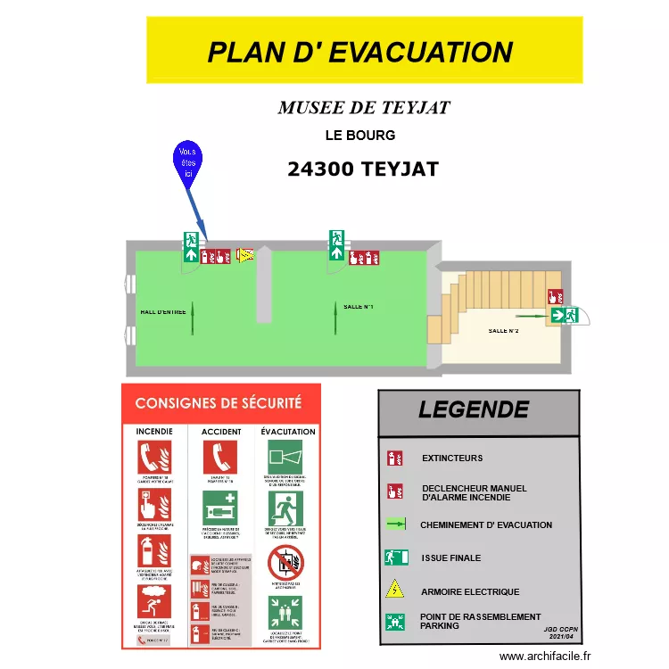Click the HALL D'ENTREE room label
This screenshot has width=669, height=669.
coord(163,311)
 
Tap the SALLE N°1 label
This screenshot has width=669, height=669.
coord(358,307)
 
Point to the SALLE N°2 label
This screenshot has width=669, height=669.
coord(503,331)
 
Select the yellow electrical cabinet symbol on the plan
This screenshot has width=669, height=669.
coord(244,256)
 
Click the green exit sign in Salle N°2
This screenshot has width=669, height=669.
coord(565,315)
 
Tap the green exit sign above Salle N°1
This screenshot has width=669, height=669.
coord(337,244)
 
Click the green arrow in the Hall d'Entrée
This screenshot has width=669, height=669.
coord(192,318)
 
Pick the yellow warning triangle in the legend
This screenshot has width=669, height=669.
coord(394,590)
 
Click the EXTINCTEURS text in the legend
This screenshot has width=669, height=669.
coord(452,458)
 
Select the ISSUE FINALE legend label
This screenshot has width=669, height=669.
coord(451,558)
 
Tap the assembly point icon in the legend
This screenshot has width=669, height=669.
coord(394,622)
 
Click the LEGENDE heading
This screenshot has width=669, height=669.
coord(473,410)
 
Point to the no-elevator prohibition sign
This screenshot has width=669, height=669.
coord(285,562)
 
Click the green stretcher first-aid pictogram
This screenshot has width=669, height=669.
coord(219,508)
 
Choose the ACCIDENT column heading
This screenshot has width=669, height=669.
coord(221,432)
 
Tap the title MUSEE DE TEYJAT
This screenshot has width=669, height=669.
coord(364,108)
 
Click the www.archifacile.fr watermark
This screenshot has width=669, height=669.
coord(546,657)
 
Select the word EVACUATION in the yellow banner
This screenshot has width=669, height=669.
coord(421,52)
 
